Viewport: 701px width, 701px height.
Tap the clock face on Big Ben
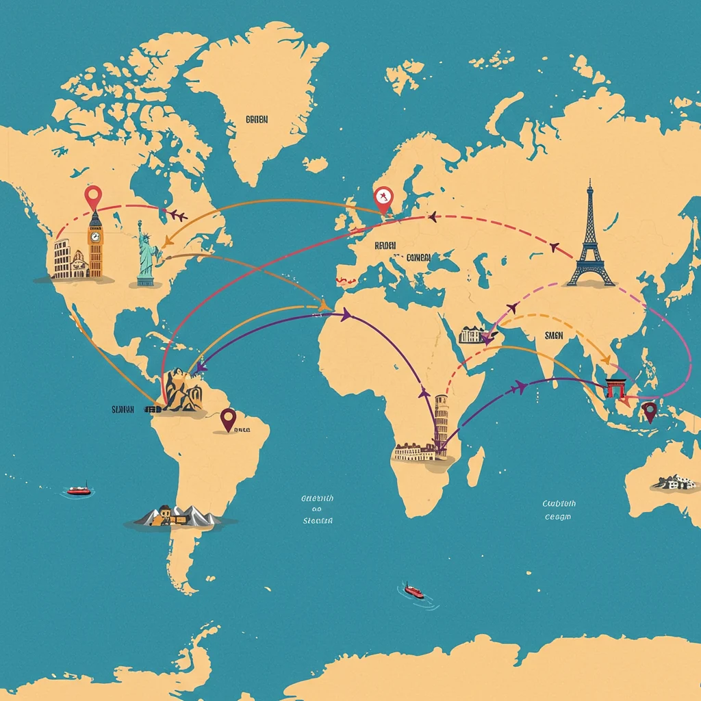coord(94,237)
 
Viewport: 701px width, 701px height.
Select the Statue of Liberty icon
coord(144,253)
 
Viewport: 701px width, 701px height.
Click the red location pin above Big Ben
coord(92,196)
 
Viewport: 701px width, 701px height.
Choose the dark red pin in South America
coord(228,418)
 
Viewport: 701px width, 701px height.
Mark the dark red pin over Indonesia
coord(649,410)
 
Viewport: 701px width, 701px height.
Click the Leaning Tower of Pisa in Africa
coord(441,424)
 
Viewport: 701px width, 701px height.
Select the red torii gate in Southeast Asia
coord(615,387)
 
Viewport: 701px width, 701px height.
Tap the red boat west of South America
coord(78,490)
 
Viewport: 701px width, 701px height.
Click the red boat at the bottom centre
coord(413,590)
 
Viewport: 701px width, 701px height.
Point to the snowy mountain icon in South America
coord(177,515)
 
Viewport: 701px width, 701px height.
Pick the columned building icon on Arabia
coord(472,335)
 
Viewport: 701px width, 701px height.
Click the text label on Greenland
coord(257,119)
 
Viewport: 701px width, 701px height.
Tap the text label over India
coord(552,335)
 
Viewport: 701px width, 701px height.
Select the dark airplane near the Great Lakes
coord(177,216)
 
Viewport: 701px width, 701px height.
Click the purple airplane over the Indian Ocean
coord(520,388)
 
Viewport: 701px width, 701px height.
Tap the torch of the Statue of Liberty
coord(139,224)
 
